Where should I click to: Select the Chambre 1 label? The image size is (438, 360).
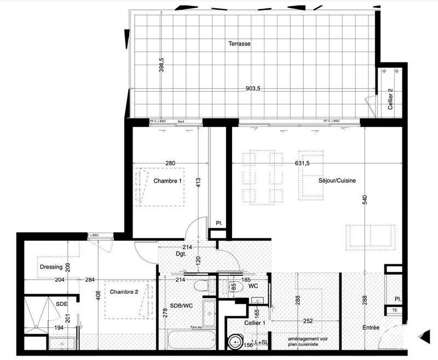pyautogui.click(x=167, y=181)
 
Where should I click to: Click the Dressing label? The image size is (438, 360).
pyautogui.click(x=51, y=268)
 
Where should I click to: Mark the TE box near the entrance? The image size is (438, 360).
pyautogui.click(x=394, y=310)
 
